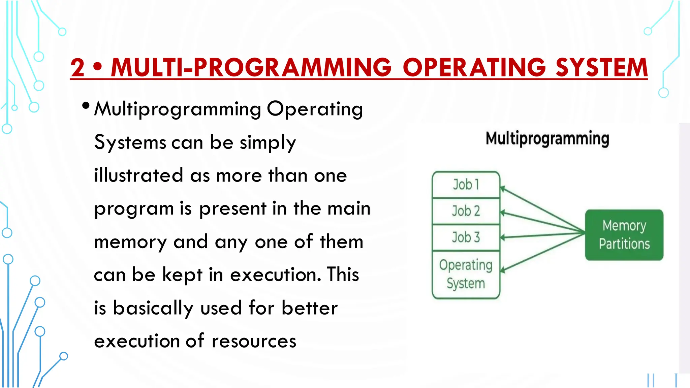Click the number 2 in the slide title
[x=78, y=67]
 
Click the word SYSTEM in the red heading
[x=601, y=67]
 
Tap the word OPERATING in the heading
[x=474, y=67]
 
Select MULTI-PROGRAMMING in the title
[x=251, y=67]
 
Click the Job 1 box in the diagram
[x=466, y=185]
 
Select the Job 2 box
[x=466, y=211]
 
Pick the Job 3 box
[x=466, y=237]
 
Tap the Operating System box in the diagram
[x=466, y=274]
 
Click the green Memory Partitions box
[x=624, y=235]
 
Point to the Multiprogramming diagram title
[x=547, y=138]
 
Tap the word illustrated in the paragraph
[x=138, y=175]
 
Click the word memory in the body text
[x=130, y=242]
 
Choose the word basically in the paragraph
[x=153, y=308]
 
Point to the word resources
[x=254, y=341]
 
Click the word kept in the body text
[x=182, y=274]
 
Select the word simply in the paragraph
[x=268, y=143]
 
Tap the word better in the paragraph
[x=309, y=308]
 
